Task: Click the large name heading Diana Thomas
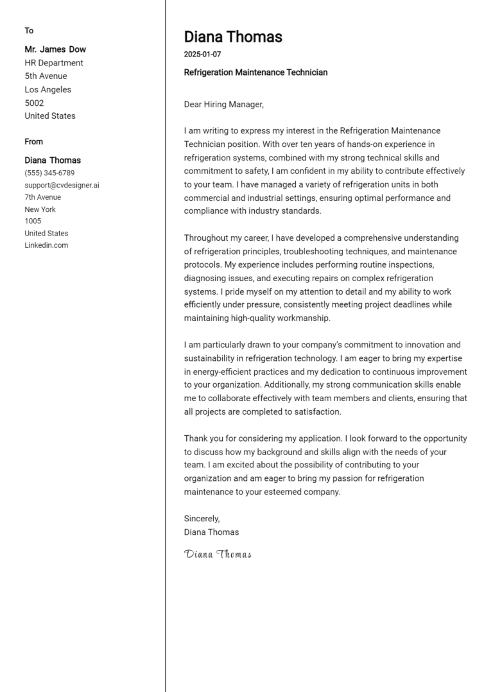click(233, 37)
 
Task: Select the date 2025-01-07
click(202, 55)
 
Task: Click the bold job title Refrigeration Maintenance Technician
click(255, 73)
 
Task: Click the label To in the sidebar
click(29, 31)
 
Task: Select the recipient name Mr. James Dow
click(55, 49)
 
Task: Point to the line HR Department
click(54, 63)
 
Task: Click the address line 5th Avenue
click(46, 76)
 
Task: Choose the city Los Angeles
click(48, 89)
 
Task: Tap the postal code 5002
click(34, 103)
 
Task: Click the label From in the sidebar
click(34, 142)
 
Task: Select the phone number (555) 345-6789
click(49, 173)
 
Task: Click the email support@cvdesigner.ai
click(62, 185)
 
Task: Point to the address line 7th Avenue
click(43, 197)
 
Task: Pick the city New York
click(40, 209)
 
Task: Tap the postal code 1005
click(33, 221)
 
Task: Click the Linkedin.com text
click(46, 245)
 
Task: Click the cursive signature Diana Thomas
click(218, 554)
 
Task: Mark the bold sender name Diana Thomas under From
click(53, 160)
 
